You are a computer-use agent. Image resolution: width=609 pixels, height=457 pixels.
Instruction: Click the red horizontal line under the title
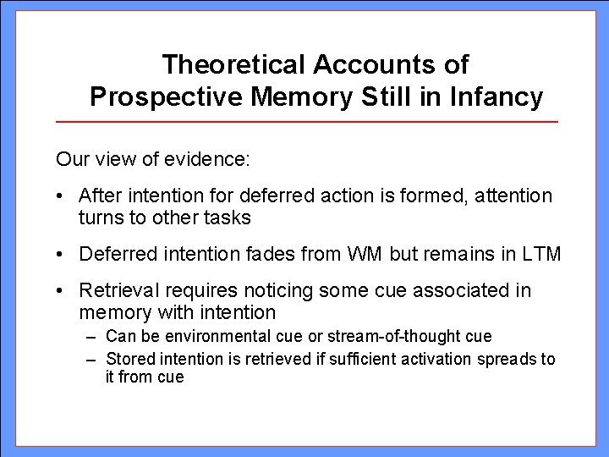(306, 123)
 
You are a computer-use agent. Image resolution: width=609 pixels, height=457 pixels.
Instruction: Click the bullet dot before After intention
(62, 196)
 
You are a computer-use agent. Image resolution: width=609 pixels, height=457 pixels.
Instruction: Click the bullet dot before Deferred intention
(62, 254)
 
